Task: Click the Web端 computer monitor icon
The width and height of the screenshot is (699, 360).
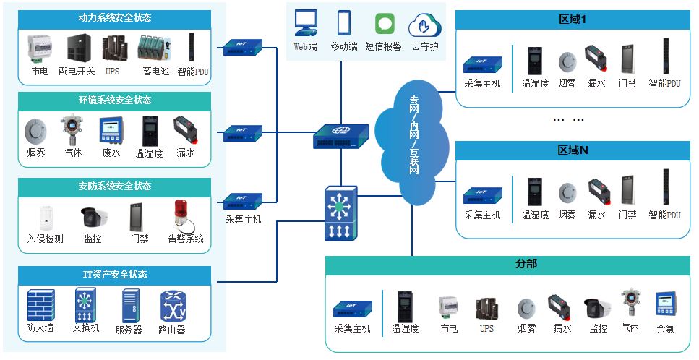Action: point(306,24)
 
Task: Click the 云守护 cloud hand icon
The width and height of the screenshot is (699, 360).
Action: point(424,25)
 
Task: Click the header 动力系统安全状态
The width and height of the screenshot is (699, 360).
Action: point(115,17)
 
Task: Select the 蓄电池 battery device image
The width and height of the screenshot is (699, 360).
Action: point(154,48)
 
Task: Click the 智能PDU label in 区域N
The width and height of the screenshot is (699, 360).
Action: point(664,215)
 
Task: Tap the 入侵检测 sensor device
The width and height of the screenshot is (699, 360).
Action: point(45,217)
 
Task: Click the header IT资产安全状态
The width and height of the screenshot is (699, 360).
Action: point(115,275)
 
